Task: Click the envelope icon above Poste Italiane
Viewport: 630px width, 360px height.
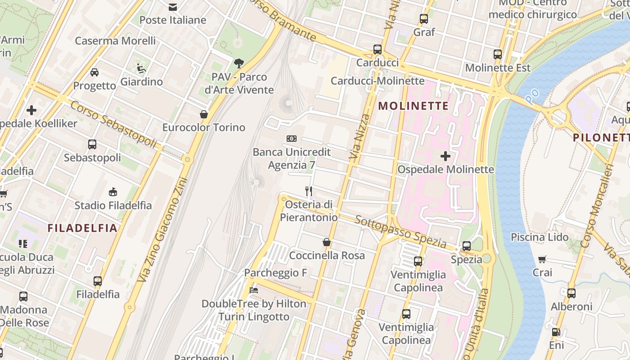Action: (x=172, y=7)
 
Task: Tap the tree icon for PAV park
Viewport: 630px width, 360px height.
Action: (x=239, y=63)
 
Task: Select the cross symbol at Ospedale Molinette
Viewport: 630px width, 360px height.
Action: (x=445, y=156)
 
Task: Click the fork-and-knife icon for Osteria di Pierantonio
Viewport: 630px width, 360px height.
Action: (x=309, y=191)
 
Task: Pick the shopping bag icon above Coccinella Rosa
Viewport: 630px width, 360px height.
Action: (x=327, y=242)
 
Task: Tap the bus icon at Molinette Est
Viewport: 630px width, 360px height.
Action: (x=498, y=54)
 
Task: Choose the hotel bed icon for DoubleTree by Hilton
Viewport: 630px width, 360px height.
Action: (x=254, y=290)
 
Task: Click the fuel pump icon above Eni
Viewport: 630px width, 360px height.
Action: (x=556, y=332)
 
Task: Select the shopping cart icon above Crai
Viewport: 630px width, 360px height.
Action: (x=542, y=259)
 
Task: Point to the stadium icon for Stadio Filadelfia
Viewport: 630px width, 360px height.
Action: (x=113, y=192)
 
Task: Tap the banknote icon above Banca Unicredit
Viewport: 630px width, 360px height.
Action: (x=292, y=139)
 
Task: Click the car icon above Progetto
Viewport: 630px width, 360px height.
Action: (x=94, y=72)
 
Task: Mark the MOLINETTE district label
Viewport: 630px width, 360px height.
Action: (x=414, y=106)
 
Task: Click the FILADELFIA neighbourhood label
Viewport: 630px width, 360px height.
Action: (x=82, y=228)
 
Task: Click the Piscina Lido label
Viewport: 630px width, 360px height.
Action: (x=540, y=237)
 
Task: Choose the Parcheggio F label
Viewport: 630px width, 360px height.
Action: (x=275, y=273)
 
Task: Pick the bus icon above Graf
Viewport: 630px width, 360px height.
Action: (x=424, y=19)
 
